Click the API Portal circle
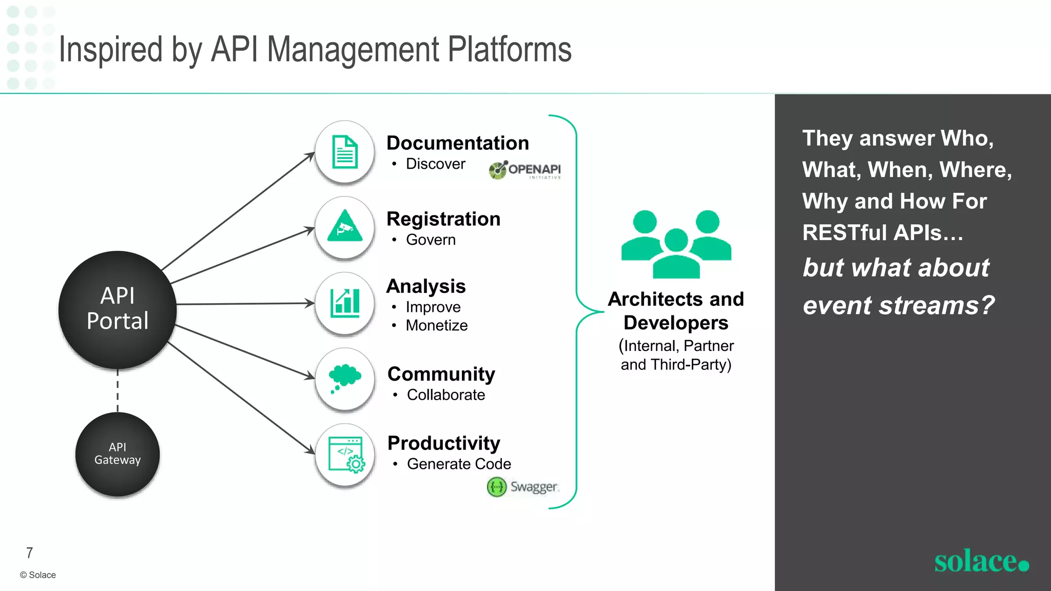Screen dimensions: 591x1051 (118, 309)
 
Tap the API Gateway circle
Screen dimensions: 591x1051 (118, 454)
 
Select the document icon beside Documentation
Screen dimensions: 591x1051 (345, 152)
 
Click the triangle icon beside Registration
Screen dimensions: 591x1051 (345, 227)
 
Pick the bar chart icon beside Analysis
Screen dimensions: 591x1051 (345, 303)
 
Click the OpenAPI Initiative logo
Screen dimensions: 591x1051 (524, 170)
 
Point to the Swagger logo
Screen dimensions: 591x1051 (522, 486)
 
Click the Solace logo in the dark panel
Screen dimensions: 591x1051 (981, 561)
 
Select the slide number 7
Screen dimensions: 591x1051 (30, 553)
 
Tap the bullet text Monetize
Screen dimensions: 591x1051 (436, 325)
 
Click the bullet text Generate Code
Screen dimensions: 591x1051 (459, 464)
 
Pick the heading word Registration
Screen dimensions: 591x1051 (443, 219)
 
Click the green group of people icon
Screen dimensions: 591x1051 (676, 244)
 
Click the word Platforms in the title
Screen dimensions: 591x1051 (509, 50)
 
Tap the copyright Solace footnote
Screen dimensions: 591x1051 (38, 575)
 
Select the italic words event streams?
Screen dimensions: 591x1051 (898, 305)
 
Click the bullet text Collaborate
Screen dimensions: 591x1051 (445, 395)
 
